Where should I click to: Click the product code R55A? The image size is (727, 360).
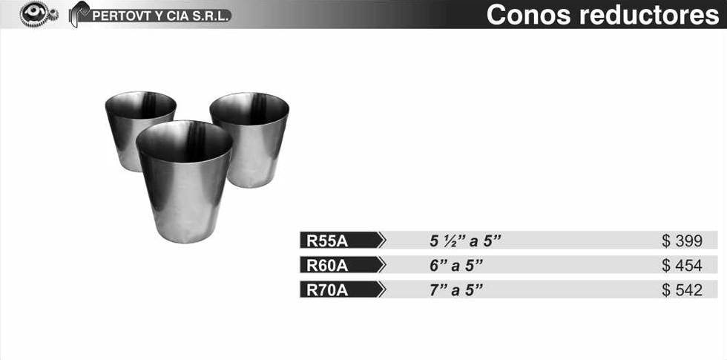327,241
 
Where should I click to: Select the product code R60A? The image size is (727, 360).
327,266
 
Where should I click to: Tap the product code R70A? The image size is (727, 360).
327,290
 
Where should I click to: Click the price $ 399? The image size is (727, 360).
682,241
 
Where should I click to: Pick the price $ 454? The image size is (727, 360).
682,266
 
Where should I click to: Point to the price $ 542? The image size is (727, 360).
682,290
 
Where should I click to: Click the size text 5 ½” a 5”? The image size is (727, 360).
466,241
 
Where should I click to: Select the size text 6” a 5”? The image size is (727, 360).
456,266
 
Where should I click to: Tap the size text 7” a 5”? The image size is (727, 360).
456,290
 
